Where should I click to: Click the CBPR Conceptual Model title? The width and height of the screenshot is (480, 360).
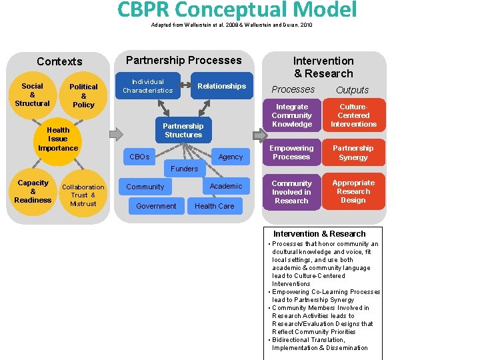click(237, 10)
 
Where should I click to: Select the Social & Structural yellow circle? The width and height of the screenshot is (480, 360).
click(32, 95)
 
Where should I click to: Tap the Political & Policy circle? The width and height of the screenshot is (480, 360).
click(83, 95)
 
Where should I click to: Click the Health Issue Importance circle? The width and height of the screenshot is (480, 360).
click(58, 139)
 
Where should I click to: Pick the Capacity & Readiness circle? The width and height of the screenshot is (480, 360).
click(33, 191)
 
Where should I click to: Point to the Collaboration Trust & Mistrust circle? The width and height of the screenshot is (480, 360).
click(83, 195)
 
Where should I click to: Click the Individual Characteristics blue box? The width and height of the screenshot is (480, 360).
click(147, 86)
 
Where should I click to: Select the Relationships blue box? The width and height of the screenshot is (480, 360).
click(221, 86)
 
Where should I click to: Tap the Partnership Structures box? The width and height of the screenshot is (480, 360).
click(183, 130)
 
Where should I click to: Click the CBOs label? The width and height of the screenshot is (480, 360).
click(139, 157)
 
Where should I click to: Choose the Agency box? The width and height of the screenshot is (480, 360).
click(231, 157)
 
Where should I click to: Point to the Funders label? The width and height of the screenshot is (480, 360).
click(184, 169)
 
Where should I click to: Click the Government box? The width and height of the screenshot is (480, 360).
click(156, 206)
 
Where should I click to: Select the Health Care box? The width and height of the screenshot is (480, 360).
click(214, 206)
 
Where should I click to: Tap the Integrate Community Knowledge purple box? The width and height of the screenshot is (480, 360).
click(292, 115)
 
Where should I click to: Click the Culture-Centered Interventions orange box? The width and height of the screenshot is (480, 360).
click(353, 115)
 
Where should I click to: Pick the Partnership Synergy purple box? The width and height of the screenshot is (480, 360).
click(353, 153)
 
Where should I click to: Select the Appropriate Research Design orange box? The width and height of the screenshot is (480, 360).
click(353, 191)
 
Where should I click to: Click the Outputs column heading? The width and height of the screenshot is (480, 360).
click(352, 90)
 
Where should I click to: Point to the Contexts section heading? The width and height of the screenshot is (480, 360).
click(59, 61)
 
